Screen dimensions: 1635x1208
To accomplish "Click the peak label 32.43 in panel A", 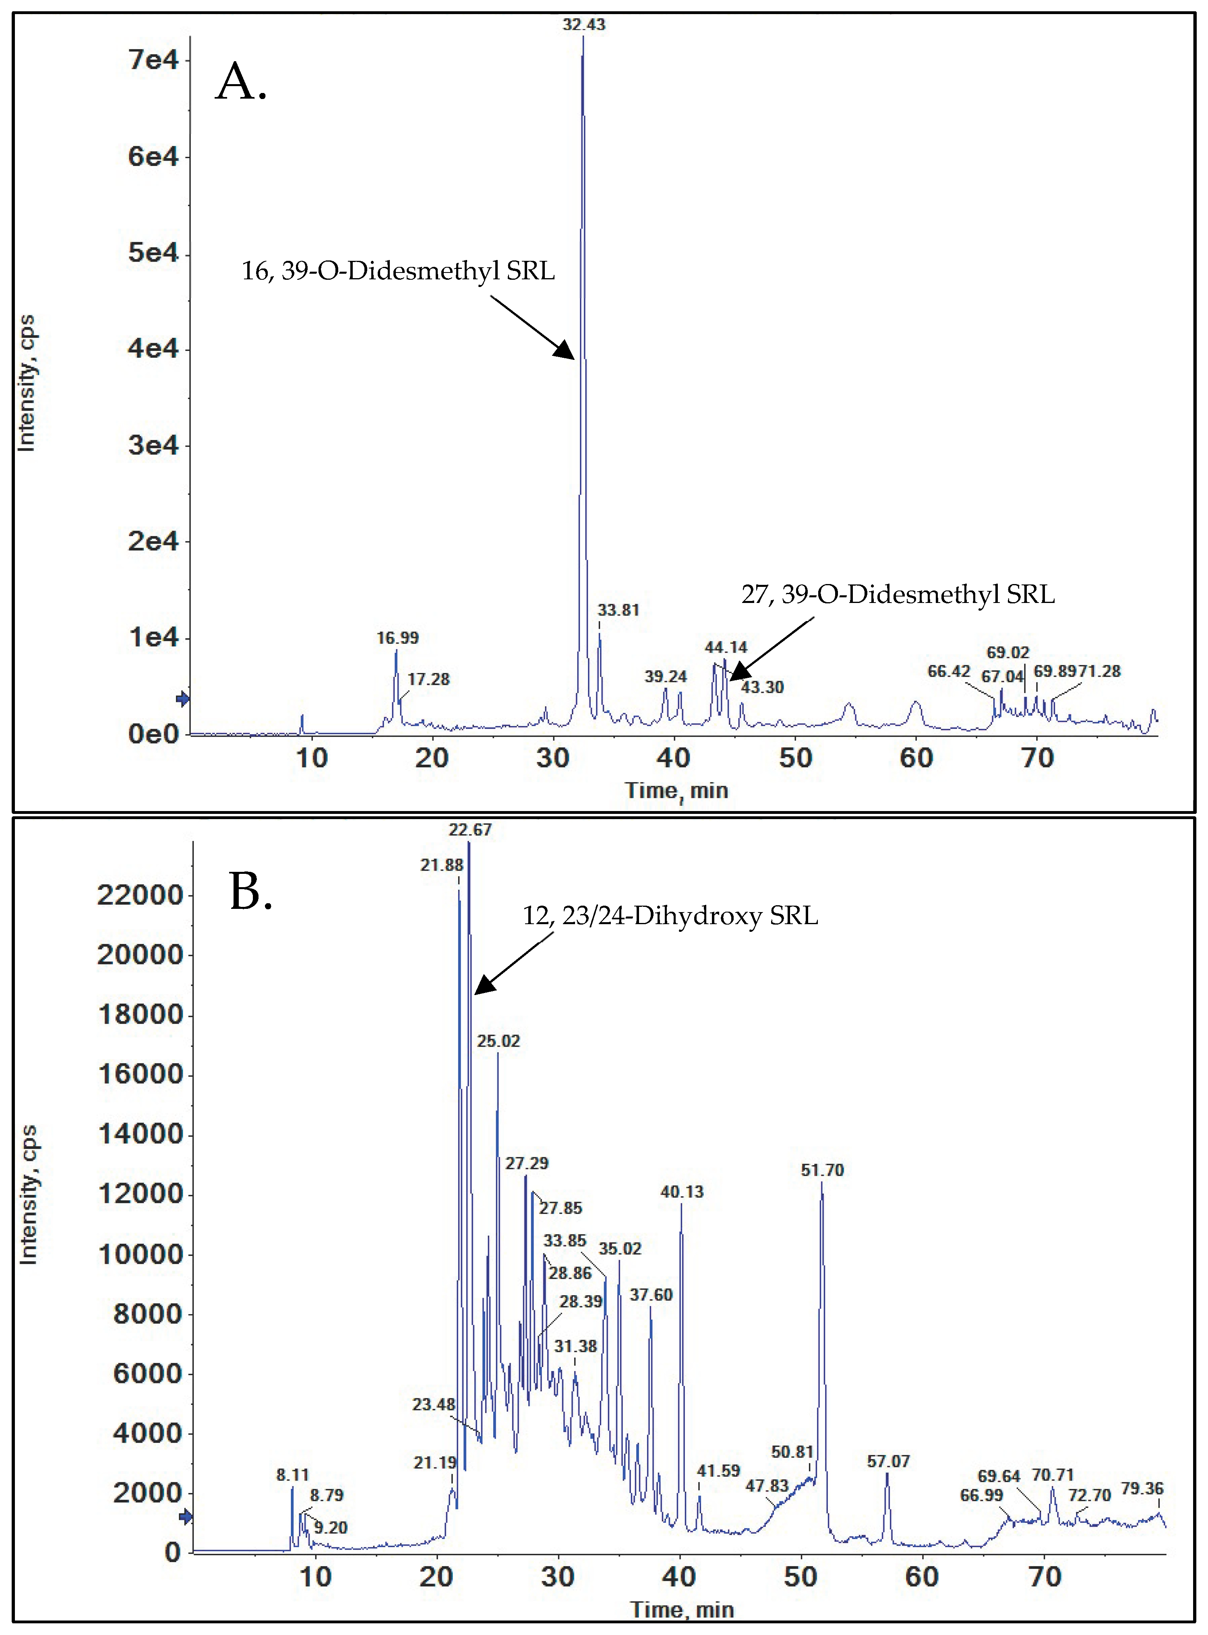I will pos(583,25).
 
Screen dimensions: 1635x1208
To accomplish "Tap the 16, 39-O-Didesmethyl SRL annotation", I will pos(398,271).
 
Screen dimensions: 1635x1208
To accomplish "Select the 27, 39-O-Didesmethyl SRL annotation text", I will pos(898,594).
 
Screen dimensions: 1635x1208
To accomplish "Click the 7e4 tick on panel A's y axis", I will pos(153,60).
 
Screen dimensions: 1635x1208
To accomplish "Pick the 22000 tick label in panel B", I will pos(140,895).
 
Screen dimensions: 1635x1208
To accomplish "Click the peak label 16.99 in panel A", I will pos(397,638).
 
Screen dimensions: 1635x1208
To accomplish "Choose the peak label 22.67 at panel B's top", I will pos(470,830).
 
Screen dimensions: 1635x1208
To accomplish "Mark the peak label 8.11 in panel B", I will pos(292,1475).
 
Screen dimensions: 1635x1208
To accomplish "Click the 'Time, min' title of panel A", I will pos(676,791).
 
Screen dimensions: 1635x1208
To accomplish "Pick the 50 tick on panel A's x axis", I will pos(795,758).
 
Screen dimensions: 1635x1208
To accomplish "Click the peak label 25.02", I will pos(498,1041).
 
